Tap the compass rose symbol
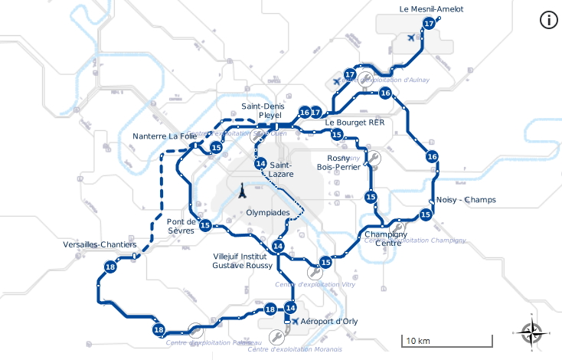(x=531, y=332)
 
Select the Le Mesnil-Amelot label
(x=431, y=9)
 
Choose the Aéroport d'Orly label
(x=329, y=322)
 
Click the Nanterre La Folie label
(x=165, y=136)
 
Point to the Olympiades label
(x=268, y=212)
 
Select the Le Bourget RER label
(x=355, y=122)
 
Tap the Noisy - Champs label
(x=466, y=200)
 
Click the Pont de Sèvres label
(x=181, y=226)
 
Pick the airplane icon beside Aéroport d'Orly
(x=295, y=321)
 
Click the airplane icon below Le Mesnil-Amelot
(x=412, y=38)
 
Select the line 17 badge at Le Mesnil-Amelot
(x=429, y=24)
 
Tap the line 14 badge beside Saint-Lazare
(x=261, y=163)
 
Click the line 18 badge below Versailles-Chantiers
(x=111, y=267)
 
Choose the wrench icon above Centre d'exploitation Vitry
(x=314, y=272)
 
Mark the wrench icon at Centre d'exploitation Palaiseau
(x=195, y=330)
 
